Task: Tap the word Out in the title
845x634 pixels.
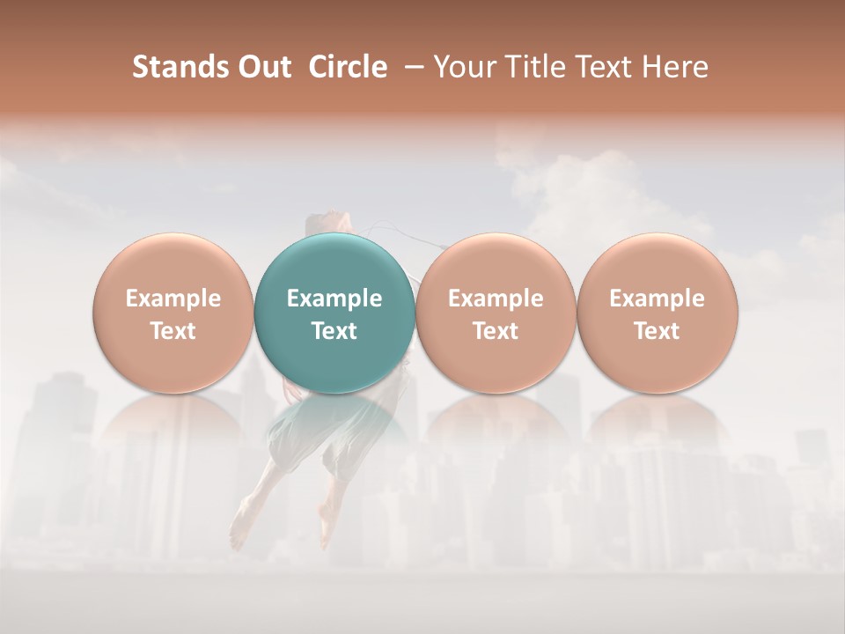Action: [x=261, y=68]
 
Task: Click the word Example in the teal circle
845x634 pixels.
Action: [x=334, y=299]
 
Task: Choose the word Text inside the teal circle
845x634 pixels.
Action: [x=334, y=331]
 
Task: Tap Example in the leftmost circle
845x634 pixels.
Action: [x=173, y=299]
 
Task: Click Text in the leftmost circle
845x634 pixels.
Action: [x=173, y=331]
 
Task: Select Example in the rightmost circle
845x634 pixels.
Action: [x=658, y=299]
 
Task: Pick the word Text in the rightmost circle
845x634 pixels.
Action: [x=658, y=331]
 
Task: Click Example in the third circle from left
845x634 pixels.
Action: [x=496, y=299]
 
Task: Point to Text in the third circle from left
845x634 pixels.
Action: [x=496, y=331]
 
